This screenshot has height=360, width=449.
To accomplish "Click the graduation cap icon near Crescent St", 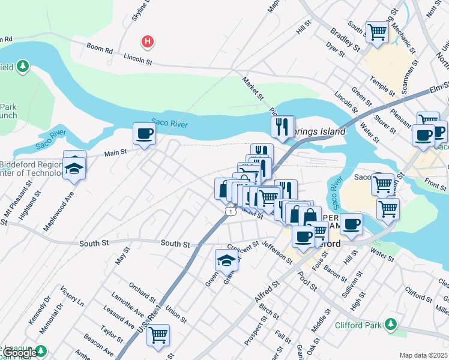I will click(226, 260).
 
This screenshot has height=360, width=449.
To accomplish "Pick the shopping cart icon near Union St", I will click(158, 334).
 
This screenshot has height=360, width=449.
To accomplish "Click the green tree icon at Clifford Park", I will click(391, 325).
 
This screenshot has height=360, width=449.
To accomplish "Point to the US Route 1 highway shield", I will click(230, 211).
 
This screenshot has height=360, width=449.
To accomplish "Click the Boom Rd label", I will click(100, 49).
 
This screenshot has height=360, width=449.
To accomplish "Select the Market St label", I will click(253, 88).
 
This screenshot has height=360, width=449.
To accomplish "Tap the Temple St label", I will click(383, 88).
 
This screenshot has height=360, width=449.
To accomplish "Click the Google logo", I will click(19, 353).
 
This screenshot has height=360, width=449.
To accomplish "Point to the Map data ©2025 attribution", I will click(423, 355).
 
